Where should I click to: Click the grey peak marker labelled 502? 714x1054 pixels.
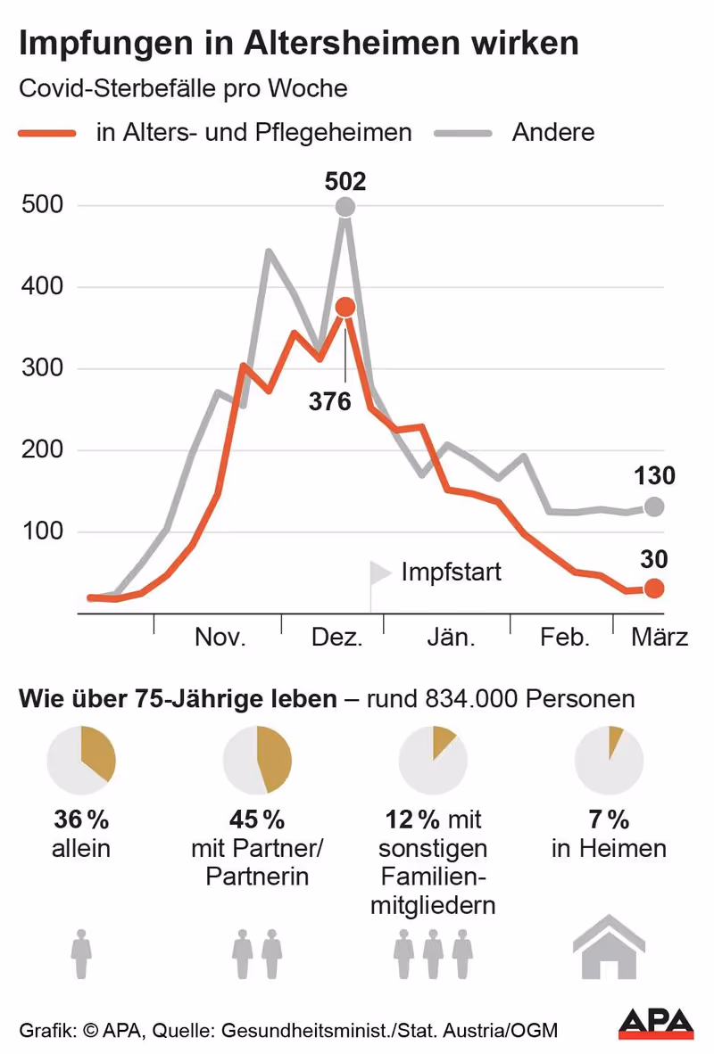[345, 207]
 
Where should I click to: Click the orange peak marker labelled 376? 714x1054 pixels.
[345, 308]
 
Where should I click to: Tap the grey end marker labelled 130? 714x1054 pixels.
[654, 506]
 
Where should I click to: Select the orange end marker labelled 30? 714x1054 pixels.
[654, 589]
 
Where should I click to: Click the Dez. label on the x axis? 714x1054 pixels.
[336, 638]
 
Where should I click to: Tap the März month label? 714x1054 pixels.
[660, 638]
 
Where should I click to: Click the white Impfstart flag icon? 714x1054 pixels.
[379, 573]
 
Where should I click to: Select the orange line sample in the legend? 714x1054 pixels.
[47, 133]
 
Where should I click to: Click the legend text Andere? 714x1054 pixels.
[552, 133]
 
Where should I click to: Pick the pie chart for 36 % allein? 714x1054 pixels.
[81, 760]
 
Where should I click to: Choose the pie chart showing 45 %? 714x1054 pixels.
[257, 760]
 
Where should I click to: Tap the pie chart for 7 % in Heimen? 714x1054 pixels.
[610, 760]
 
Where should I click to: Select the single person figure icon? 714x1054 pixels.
[81, 954]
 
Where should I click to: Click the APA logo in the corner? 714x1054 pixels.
[656, 1024]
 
